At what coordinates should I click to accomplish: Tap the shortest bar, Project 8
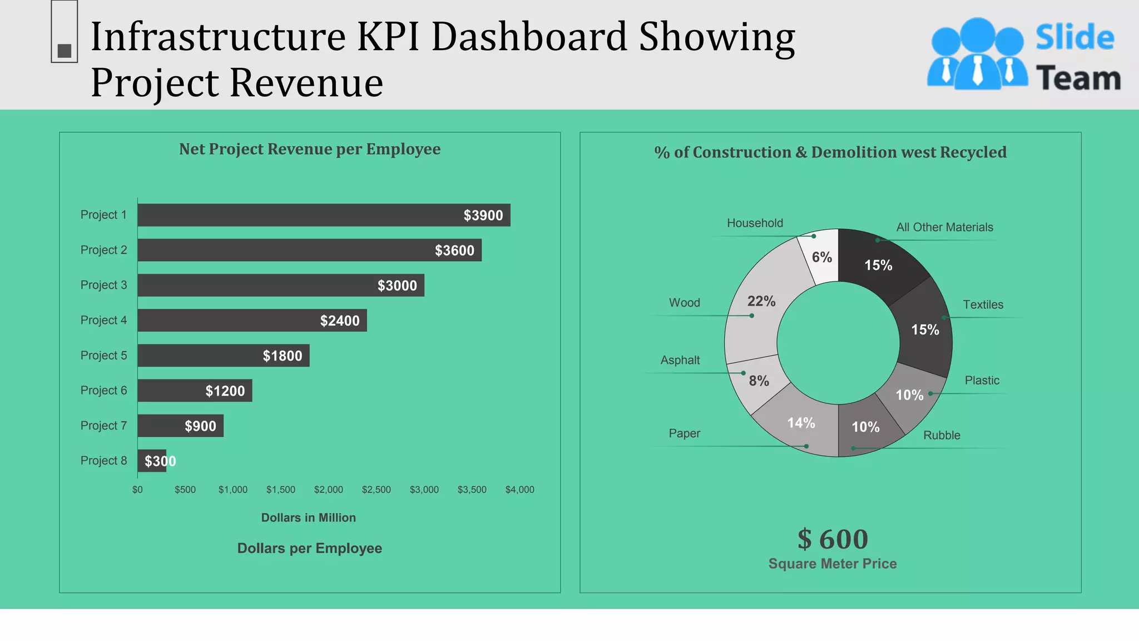point(152,461)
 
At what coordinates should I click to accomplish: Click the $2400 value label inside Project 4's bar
point(339,320)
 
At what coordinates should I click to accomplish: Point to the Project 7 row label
point(103,426)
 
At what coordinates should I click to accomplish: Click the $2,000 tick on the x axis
point(328,490)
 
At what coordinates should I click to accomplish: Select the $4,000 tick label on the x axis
point(519,490)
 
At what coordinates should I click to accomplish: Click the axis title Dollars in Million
point(308,517)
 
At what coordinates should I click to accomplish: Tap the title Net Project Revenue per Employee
point(309,149)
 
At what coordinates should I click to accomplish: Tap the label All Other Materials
point(944,227)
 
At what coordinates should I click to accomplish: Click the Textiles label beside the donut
point(983,304)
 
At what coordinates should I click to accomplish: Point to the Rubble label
point(942,435)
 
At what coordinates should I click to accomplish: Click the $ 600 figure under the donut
point(832,539)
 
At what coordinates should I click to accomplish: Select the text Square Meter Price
point(832,564)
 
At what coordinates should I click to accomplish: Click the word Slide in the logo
point(1074,38)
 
